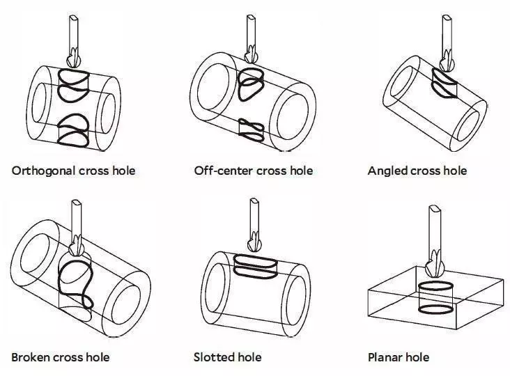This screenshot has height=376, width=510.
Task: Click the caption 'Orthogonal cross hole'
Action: pyautogui.click(x=73, y=171)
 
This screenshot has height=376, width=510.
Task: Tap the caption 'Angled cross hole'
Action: pyautogui.click(x=417, y=171)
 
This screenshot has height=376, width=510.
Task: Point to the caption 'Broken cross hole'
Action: pyautogui.click(x=60, y=357)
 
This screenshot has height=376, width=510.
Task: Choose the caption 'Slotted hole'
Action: pyautogui.click(x=227, y=357)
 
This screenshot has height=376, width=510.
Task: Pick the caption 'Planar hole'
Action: pyautogui.click(x=398, y=357)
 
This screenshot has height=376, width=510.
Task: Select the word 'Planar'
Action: pyautogui.click(x=385, y=357)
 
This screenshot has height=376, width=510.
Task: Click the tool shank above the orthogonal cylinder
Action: pyautogui.click(x=72, y=31)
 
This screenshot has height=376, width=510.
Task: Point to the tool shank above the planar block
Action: pyautogui.click(x=435, y=230)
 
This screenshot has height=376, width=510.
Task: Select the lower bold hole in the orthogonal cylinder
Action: pyautogui.click(x=73, y=131)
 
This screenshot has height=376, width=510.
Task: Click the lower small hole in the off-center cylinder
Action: pyautogui.click(x=250, y=127)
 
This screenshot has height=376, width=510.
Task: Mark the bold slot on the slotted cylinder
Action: pyautogui.click(x=254, y=264)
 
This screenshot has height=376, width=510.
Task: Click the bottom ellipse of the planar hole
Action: pyautogui.click(x=435, y=309)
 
